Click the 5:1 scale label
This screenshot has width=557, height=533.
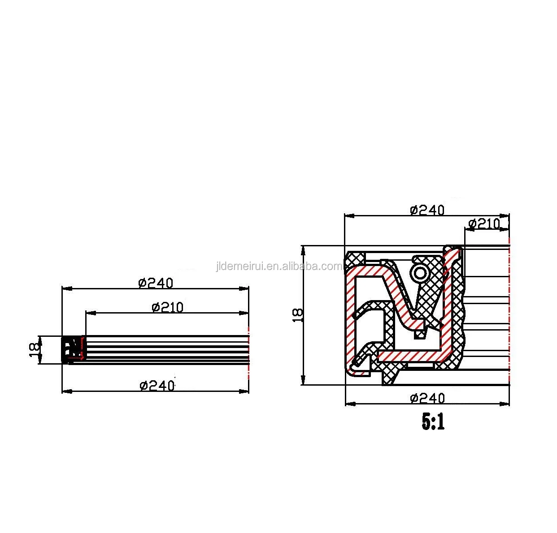[x=433, y=422]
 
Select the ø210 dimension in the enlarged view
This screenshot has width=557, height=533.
[x=484, y=224]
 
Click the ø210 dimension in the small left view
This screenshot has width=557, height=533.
[x=168, y=307]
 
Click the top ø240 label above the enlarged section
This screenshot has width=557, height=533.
[x=427, y=210]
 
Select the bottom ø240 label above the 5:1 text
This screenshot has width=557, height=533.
[x=427, y=398]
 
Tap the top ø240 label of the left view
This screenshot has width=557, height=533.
[x=156, y=283]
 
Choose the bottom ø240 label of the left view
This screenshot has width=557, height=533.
[x=157, y=385]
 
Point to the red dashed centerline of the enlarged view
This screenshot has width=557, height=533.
[x=509, y=314]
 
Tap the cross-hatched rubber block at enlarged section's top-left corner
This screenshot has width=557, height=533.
[x=356, y=258]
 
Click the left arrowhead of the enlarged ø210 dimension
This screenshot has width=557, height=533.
[x=467, y=229]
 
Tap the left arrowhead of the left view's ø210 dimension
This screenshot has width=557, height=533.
[x=88, y=313]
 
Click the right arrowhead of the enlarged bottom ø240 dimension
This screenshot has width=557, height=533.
[x=506, y=404]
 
